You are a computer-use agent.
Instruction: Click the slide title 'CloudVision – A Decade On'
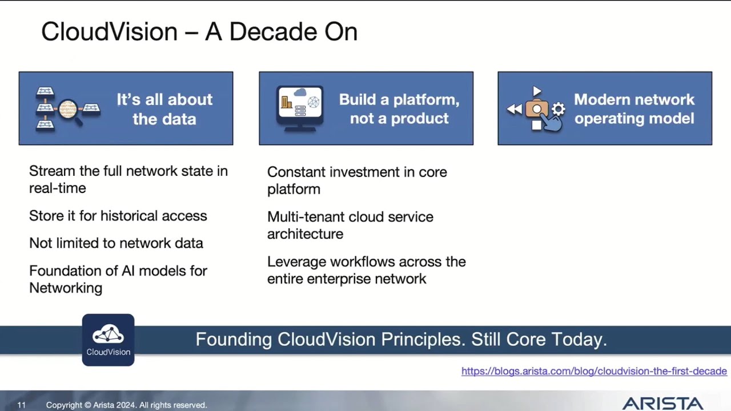click(x=199, y=32)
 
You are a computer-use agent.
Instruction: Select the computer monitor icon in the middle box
click(x=300, y=107)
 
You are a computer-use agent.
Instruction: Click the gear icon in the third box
click(x=558, y=109)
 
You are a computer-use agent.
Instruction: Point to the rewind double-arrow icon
click(x=514, y=109)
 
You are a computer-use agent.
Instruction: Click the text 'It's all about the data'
click(x=164, y=108)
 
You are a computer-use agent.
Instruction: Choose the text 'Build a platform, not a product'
click(x=399, y=108)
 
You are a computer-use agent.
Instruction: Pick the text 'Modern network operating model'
click(x=634, y=108)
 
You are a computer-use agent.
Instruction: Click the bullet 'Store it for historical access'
click(x=118, y=216)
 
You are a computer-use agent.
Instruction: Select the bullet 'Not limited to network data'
click(x=116, y=243)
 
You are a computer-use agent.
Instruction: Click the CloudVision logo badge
click(x=108, y=340)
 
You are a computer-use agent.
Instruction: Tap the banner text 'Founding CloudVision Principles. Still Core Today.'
click(x=401, y=340)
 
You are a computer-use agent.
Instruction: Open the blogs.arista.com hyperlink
click(x=594, y=371)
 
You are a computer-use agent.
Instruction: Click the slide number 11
click(x=21, y=405)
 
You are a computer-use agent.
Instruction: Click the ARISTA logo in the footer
click(x=662, y=404)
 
